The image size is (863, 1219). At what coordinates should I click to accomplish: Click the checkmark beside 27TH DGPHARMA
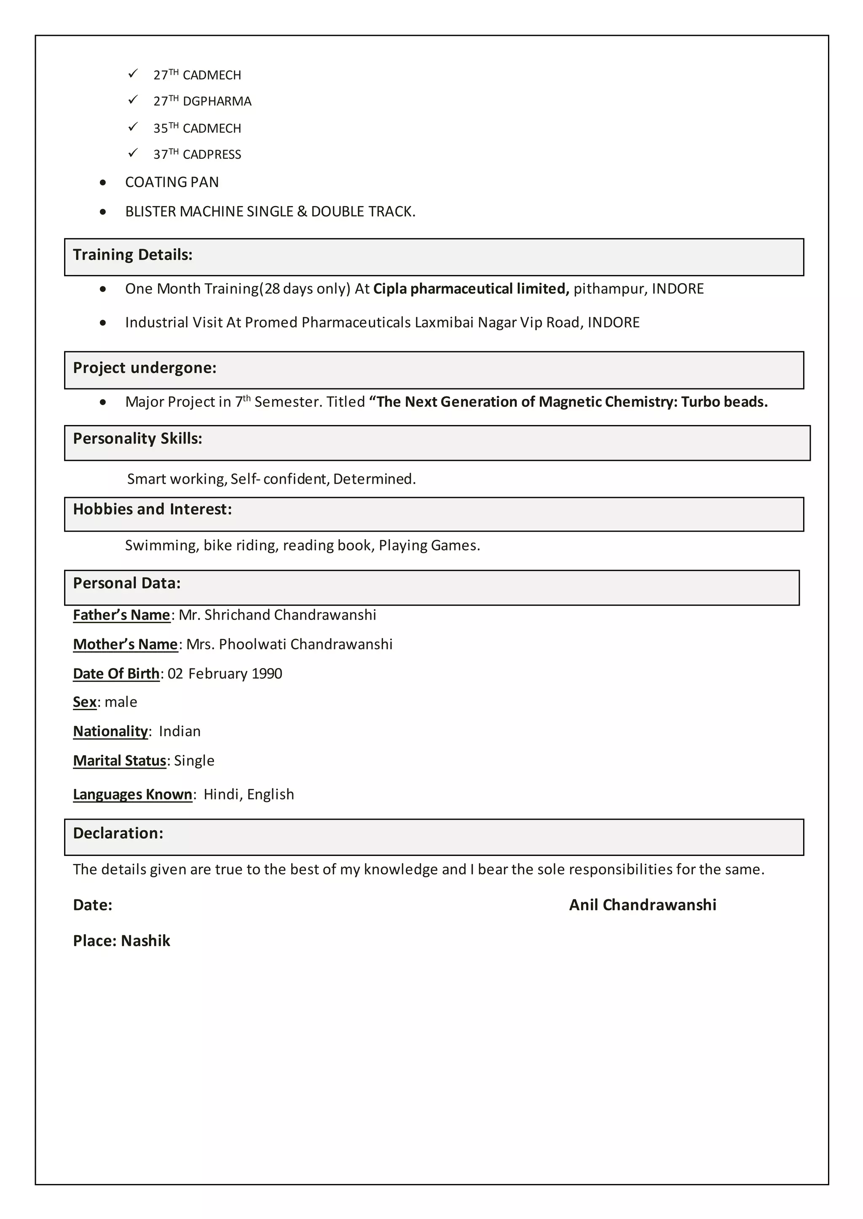tap(134, 100)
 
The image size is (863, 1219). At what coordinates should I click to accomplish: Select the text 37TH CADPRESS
tap(197, 155)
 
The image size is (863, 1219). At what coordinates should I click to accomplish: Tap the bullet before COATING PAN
tap(103, 183)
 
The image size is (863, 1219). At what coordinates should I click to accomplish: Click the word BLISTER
tap(150, 211)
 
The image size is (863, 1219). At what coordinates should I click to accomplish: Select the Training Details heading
tap(132, 255)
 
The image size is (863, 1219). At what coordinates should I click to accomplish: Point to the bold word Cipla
tap(390, 289)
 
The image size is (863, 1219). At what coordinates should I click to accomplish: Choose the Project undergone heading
tap(145, 368)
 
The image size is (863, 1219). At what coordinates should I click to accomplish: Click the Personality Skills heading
tap(138, 439)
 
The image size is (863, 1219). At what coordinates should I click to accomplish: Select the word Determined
tap(374, 479)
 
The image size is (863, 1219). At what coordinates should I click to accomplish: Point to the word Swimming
tap(161, 545)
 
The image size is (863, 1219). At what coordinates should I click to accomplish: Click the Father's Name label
tap(121, 615)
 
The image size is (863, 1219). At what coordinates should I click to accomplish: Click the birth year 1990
tap(266, 674)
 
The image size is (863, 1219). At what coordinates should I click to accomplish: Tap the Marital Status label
tap(120, 761)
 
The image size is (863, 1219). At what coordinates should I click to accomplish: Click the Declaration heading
tap(118, 834)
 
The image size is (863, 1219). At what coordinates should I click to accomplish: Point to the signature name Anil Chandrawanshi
tap(643, 905)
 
